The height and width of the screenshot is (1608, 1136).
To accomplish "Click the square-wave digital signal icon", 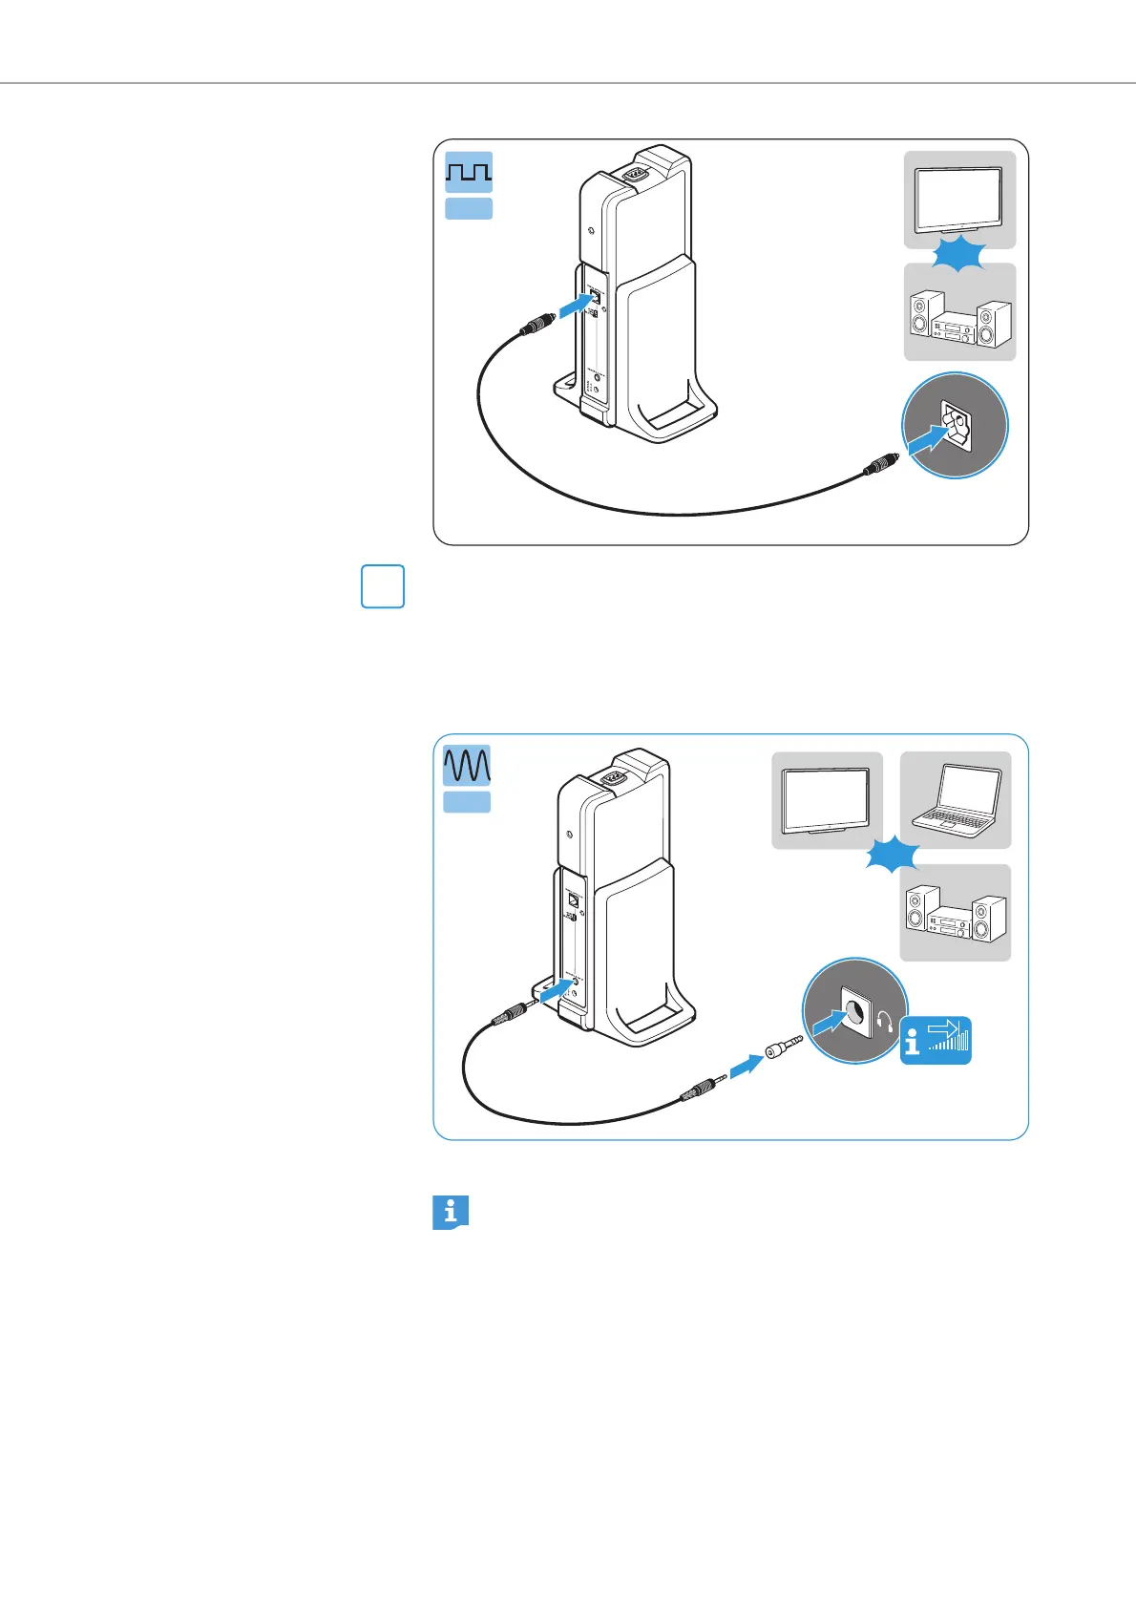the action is coord(469,172).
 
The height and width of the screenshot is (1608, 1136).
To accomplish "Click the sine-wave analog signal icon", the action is coord(467,765).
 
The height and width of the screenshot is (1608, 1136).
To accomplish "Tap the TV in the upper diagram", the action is coord(959,201).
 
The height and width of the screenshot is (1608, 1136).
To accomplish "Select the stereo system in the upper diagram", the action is coord(959,319).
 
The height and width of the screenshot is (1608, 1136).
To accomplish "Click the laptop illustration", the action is coord(956,801).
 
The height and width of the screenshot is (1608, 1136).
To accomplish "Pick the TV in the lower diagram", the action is coord(827,801).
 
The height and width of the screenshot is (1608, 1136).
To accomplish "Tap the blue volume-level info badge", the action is coord(936,1041).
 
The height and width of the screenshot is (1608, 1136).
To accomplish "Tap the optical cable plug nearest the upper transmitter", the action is coord(535,326).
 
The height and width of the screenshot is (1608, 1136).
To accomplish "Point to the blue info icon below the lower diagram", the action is coord(451,1213).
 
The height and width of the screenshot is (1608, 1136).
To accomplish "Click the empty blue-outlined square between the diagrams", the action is coord(383,587).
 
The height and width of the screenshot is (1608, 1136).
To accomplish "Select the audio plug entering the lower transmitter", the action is coord(514,1012).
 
